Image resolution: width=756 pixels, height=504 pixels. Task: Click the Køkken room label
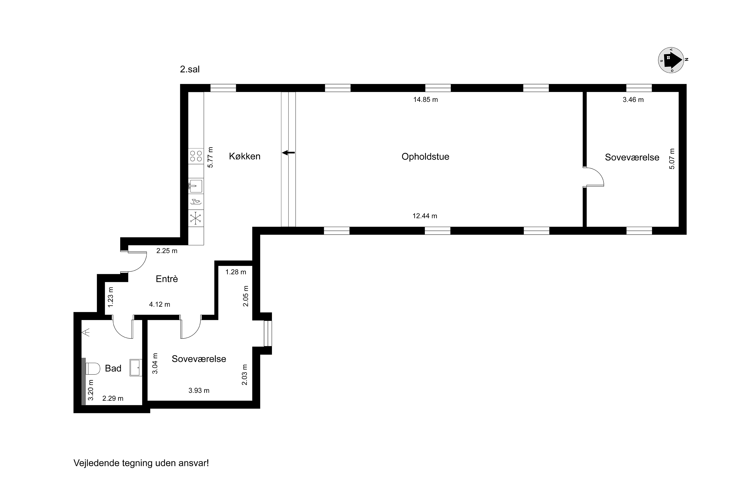[245, 156]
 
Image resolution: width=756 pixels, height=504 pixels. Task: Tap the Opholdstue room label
[425, 157]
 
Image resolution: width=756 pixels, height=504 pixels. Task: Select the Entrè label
[167, 279]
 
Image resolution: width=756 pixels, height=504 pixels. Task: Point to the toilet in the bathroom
[92, 369]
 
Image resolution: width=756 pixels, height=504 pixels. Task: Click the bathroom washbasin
[136, 367]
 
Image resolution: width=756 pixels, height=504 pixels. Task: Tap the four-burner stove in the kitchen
[196, 156]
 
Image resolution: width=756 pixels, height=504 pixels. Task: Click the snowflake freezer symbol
[196, 218]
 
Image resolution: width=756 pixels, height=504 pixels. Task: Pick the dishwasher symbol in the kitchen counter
[196, 202]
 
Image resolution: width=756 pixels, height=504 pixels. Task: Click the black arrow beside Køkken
[288, 153]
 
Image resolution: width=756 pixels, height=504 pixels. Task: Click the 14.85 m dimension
[426, 100]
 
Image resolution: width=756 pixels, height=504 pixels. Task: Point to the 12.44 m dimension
[425, 216]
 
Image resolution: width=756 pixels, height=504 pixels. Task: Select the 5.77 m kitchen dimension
[210, 157]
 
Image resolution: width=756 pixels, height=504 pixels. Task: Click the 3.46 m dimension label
[633, 100]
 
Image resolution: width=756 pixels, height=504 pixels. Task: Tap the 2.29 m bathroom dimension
[113, 399]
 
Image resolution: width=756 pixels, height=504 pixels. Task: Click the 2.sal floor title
[190, 70]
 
